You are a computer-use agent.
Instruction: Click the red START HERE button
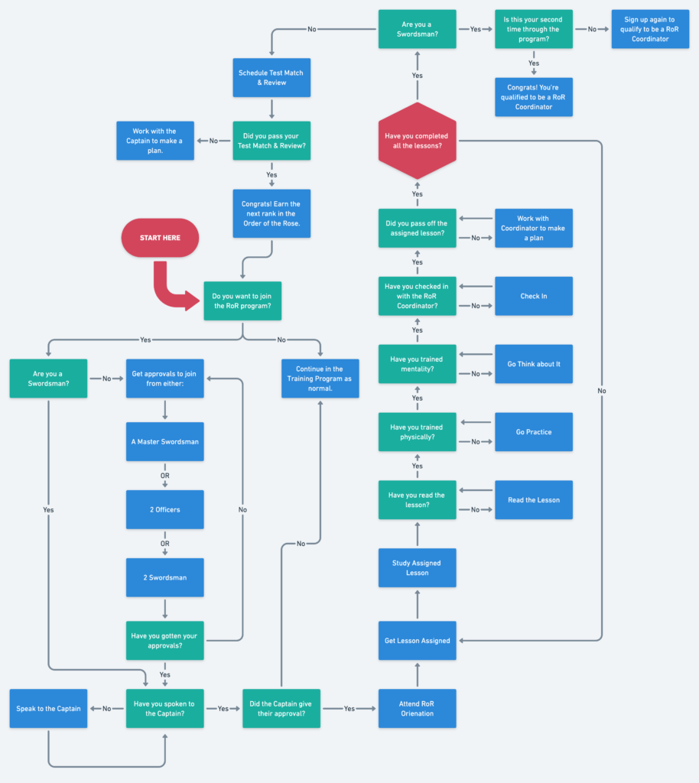160,238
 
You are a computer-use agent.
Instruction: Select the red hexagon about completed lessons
417,141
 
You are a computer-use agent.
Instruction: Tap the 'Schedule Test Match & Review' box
271,77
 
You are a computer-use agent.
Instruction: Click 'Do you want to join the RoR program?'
242,301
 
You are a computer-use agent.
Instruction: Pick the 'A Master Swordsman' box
164,441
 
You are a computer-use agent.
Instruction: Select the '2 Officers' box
164,509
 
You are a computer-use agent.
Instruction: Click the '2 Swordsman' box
164,577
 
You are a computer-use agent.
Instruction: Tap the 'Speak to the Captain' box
48,708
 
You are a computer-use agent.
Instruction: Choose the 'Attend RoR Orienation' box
417,708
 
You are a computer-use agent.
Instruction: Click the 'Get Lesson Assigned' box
417,641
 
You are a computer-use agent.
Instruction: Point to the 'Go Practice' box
533,432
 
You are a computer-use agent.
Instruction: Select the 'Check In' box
533,296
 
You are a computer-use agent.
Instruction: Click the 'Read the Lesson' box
533,500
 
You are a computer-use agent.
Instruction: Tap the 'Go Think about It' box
533,364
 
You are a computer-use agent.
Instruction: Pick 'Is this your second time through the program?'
533,29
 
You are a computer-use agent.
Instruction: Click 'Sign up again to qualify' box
649,29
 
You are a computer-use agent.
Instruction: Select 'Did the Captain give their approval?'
281,708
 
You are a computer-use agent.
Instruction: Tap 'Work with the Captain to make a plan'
154,141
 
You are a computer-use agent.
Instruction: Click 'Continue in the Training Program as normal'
320,379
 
